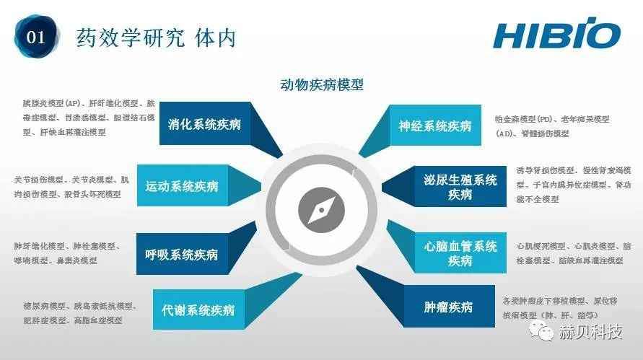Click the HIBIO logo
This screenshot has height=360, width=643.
pyautogui.click(x=556, y=35)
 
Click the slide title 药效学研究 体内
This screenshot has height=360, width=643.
pyautogui.click(x=156, y=37)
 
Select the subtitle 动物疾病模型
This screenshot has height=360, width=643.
pyautogui.click(x=321, y=84)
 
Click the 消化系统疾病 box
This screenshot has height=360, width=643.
pyautogui.click(x=204, y=124)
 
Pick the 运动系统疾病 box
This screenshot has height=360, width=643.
pyautogui.click(x=182, y=186)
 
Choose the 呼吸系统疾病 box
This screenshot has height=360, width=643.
pyautogui.click(x=181, y=254)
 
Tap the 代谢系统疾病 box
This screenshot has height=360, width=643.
pyautogui.click(x=198, y=310)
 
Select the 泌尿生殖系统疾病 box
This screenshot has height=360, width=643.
pyautogui.click(x=460, y=187)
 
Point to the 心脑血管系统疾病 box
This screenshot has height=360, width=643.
pyautogui.click(x=460, y=253)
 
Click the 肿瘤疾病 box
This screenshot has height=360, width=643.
pyautogui.click(x=448, y=307)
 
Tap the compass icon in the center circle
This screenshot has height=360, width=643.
pyautogui.click(x=321, y=211)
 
